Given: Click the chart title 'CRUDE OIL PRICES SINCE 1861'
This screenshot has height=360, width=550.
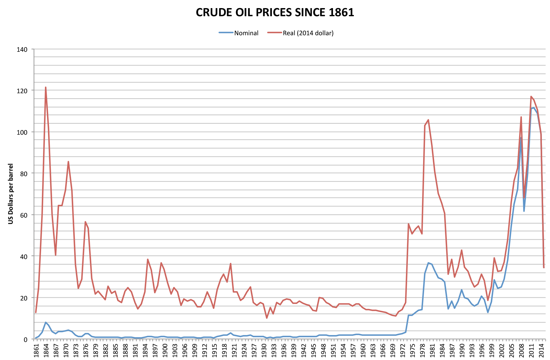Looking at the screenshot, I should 275,12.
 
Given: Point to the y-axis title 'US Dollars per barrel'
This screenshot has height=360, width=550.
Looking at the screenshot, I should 11,194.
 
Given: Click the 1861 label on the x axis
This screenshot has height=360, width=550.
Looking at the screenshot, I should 36,350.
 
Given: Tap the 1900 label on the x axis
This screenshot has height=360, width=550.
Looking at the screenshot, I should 165,350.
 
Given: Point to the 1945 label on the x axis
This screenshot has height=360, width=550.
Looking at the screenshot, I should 314,350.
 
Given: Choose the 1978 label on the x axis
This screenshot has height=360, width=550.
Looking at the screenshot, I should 423,350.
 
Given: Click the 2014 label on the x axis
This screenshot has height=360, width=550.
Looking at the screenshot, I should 542,350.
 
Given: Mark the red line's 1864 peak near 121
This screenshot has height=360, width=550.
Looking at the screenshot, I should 46,88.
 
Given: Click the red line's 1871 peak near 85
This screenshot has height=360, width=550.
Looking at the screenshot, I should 68,161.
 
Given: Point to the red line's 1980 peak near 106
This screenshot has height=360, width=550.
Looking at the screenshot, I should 428,120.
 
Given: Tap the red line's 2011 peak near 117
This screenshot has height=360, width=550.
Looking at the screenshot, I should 531,97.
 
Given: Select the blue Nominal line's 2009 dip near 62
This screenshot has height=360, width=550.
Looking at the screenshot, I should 524,211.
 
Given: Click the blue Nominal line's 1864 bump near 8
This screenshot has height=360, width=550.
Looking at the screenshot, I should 46,322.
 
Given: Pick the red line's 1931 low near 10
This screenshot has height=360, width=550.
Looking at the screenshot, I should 267,318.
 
